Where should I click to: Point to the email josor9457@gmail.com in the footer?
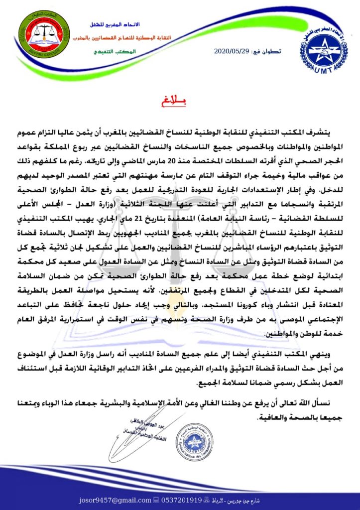pyautogui.click(x=105, y=500)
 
